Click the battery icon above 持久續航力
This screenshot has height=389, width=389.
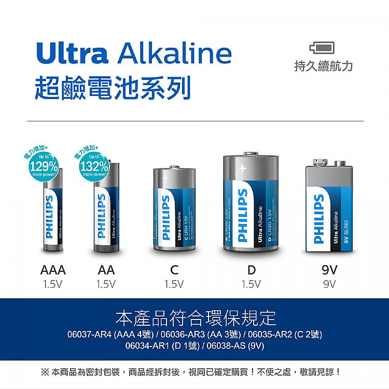[322, 48]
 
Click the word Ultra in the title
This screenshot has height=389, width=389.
[72, 53]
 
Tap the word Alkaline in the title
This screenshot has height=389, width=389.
[175, 53]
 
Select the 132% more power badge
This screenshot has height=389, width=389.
[94, 166]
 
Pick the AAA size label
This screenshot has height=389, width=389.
[53, 270]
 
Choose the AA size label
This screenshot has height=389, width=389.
[106, 270]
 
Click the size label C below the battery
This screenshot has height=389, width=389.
[174, 270]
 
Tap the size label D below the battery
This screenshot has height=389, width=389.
[252, 270]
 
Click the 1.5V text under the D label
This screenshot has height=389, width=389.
[252, 284]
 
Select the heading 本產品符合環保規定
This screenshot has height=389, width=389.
[196, 317]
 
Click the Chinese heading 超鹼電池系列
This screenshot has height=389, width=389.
[113, 87]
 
